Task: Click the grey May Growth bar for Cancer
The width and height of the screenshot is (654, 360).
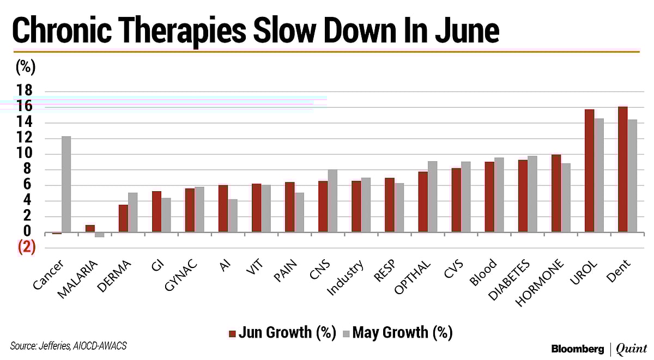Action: click(66, 184)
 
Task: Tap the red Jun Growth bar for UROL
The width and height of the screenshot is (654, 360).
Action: click(589, 171)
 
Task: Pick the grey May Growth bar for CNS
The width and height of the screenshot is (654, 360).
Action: click(332, 201)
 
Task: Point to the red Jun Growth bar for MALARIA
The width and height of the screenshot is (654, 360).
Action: click(90, 229)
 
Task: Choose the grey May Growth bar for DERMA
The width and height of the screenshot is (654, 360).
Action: click(132, 212)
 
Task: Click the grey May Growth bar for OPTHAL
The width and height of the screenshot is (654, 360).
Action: click(432, 197)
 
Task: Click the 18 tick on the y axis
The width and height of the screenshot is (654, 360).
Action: click(25, 91)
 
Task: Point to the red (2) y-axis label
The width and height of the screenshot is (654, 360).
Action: click(26, 247)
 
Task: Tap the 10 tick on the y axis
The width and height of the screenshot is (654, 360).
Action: click(25, 154)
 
